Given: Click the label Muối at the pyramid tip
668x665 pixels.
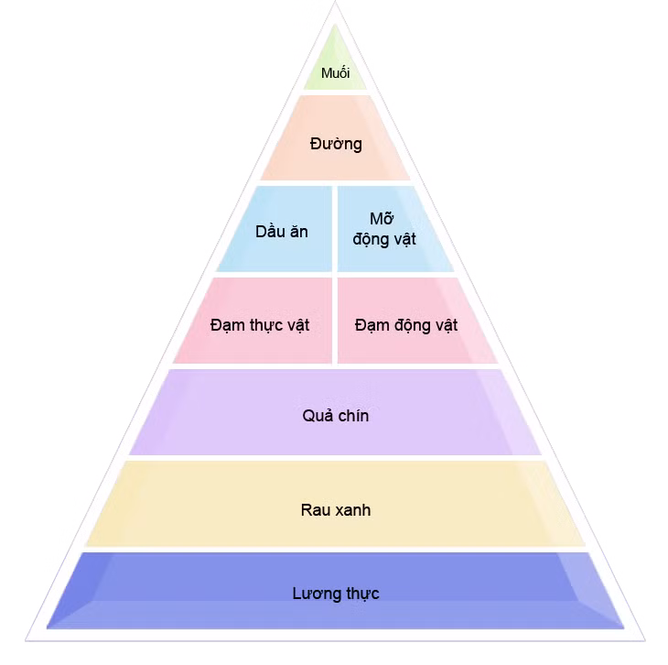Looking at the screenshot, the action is pos(335,73).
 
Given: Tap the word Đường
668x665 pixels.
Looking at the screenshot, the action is pos(336,144).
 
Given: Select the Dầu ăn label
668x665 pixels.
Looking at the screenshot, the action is pos(282,232).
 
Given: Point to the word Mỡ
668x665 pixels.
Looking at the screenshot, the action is pos(382,218).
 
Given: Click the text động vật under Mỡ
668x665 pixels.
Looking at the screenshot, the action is pos(384,239).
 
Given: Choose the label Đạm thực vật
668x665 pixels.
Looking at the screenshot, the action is pos(260,325).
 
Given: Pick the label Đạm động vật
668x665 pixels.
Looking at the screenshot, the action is pos(406,325).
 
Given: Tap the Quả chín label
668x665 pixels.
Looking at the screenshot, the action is pos(336,416).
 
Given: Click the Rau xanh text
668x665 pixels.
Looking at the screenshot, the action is pos(336,509).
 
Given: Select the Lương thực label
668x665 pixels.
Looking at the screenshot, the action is pos(336,594).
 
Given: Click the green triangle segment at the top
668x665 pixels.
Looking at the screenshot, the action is pos(335,64).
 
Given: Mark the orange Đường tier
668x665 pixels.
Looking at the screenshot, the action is pos(335,137).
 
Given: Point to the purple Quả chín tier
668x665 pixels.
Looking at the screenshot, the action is pos(335,412).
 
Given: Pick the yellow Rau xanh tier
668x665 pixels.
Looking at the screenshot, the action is pos(335,504).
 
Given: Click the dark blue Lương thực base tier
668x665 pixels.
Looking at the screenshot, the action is pos(335,591).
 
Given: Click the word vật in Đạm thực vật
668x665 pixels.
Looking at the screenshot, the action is pos(297,325).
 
